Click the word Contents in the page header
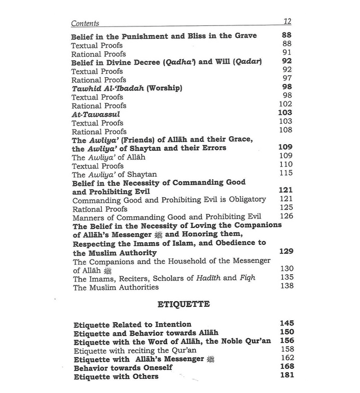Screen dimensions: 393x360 [x=85, y=24]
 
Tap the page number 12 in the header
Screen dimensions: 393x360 [x=287, y=21]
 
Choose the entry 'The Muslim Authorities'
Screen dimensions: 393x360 [x=115, y=287]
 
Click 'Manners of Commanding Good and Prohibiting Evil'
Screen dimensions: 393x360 [x=167, y=217]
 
